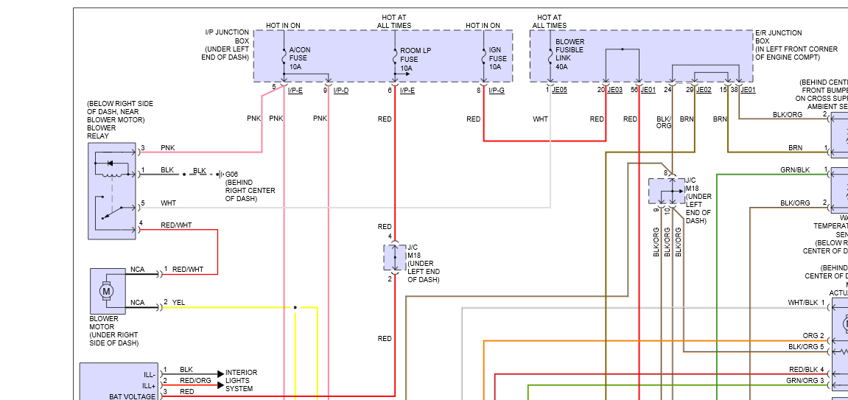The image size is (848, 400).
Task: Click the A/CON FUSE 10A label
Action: click(300, 58)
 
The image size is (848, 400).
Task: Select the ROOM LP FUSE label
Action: click(410, 60)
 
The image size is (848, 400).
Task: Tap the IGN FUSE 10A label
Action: click(498, 58)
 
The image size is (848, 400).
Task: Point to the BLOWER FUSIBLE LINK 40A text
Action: click(570, 54)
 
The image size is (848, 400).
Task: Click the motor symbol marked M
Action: click(107, 292)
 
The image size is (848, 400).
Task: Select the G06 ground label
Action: click(232, 174)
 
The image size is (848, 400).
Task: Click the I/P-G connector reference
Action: click(496, 90)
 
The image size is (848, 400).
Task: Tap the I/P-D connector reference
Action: click(340, 90)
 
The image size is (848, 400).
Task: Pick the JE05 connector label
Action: click(559, 90)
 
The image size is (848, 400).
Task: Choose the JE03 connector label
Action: click(614, 90)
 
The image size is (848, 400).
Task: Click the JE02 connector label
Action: click(704, 90)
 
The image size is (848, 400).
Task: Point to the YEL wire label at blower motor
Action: click(179, 302)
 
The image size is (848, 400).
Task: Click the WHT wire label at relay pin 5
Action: click(168, 203)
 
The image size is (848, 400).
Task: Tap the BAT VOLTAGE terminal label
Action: click(133, 396)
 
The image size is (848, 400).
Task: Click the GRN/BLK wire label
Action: click(795, 170)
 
